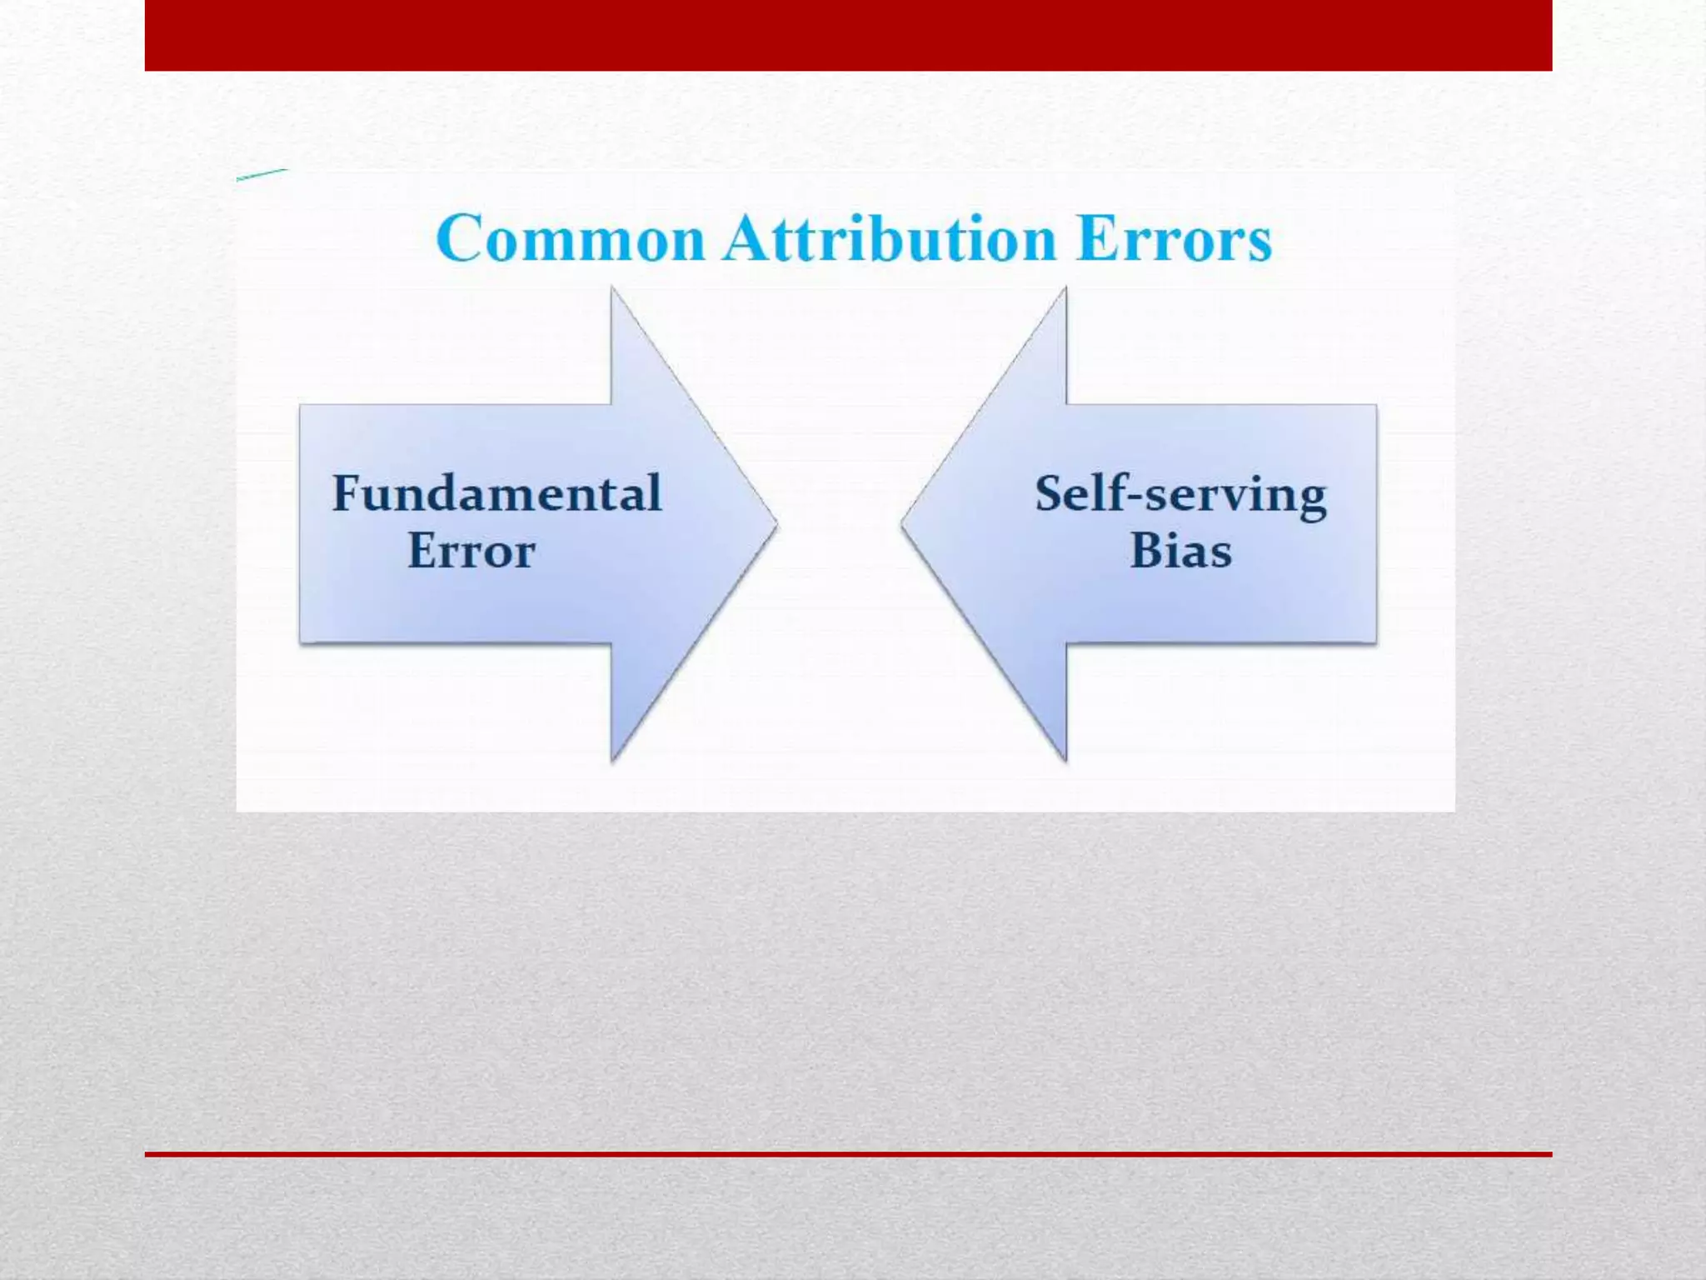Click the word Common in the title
point(571,239)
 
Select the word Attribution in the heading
point(890,239)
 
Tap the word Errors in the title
point(1174,239)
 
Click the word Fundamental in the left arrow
point(497,493)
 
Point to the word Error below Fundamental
point(471,551)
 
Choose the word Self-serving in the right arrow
point(1180,495)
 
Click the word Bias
point(1180,551)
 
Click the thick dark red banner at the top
point(848,35)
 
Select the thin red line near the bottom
point(848,1154)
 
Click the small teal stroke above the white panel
point(262,174)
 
